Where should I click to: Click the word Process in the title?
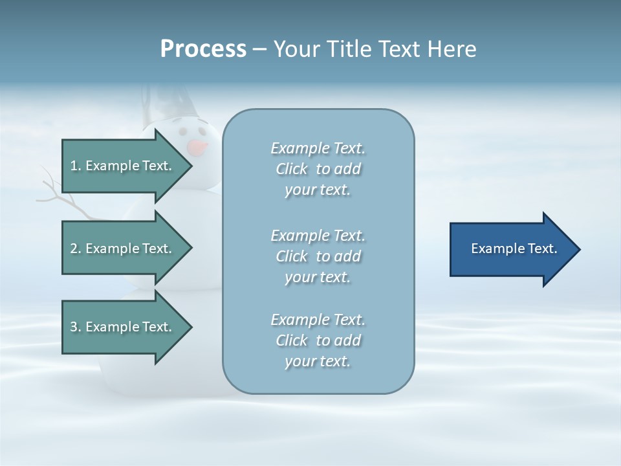point(203,49)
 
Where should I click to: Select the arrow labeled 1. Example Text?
point(123,166)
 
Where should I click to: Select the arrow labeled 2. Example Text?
point(123,249)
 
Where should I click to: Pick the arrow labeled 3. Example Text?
point(123,327)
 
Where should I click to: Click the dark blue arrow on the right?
point(511,249)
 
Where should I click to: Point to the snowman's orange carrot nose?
point(197,148)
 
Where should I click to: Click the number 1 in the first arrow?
point(74,166)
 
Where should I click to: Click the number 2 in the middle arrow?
point(74,249)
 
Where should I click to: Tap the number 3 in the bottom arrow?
point(74,327)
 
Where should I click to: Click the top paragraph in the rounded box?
point(318,169)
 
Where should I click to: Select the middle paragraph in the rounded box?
point(318,256)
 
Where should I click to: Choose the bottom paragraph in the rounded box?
point(318,340)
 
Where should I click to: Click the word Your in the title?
point(295,49)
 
